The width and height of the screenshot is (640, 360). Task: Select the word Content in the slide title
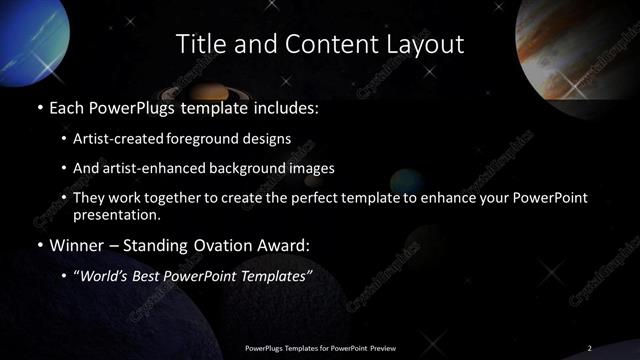tap(323, 44)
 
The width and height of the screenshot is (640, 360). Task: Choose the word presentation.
tap(116, 214)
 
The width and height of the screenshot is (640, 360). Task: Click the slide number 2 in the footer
tap(589, 347)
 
